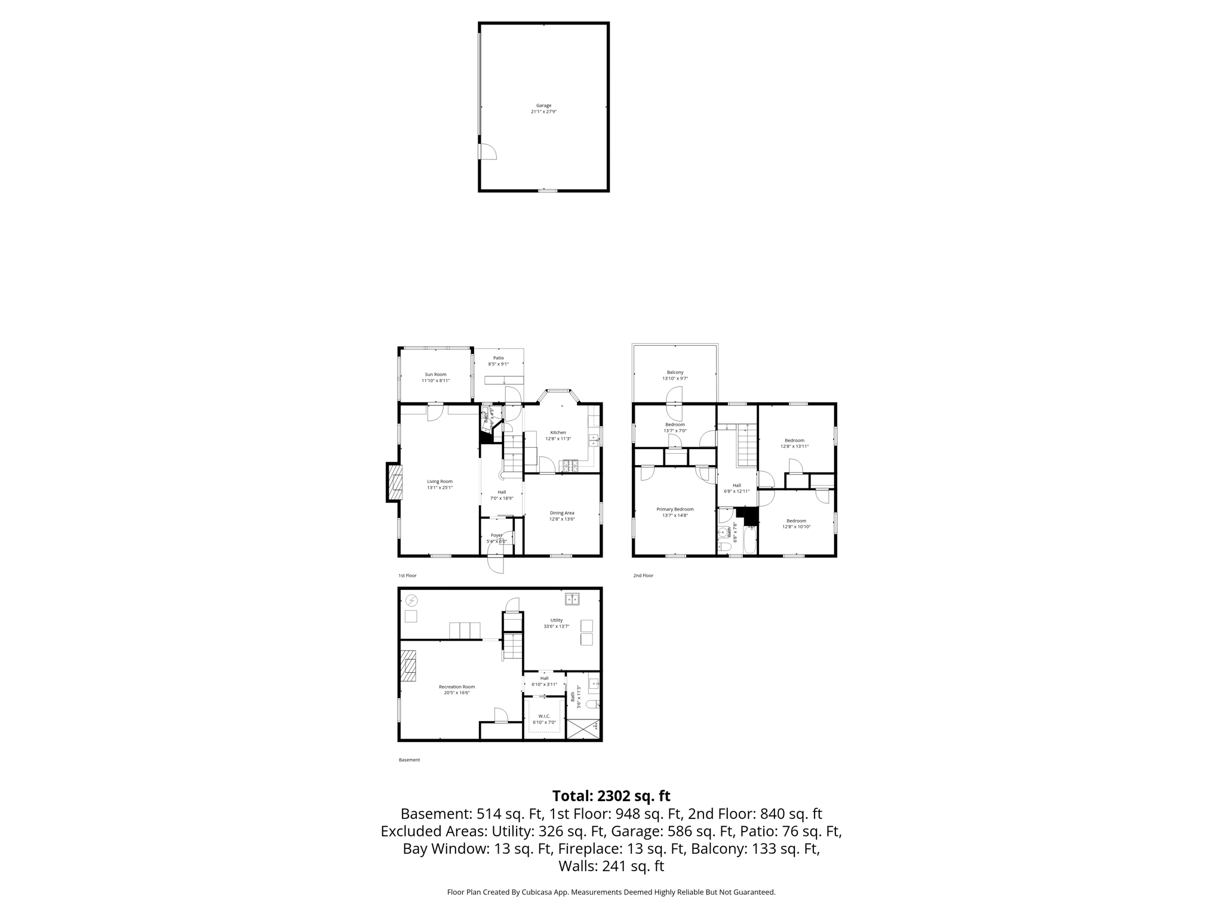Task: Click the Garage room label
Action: click(x=543, y=109)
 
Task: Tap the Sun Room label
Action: click(x=435, y=377)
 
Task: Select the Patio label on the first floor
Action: click(x=498, y=361)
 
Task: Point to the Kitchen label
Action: click(x=558, y=435)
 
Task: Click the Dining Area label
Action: click(x=562, y=516)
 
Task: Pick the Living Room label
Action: click(x=440, y=484)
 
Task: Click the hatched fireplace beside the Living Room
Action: click(x=395, y=482)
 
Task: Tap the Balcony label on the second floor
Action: click(x=675, y=375)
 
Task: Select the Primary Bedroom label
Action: click(x=675, y=512)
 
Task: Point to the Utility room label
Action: click(x=556, y=623)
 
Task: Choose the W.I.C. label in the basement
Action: click(x=544, y=719)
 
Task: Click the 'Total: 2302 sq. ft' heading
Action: click(x=611, y=796)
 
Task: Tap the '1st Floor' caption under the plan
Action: click(x=407, y=576)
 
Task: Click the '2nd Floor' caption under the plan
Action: click(x=643, y=576)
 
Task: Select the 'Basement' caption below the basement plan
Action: click(x=409, y=760)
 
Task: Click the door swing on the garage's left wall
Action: click(x=487, y=152)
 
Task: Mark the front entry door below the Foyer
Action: click(x=496, y=564)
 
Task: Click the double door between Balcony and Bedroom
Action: click(x=674, y=396)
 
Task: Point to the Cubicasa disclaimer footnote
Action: click(x=611, y=892)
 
